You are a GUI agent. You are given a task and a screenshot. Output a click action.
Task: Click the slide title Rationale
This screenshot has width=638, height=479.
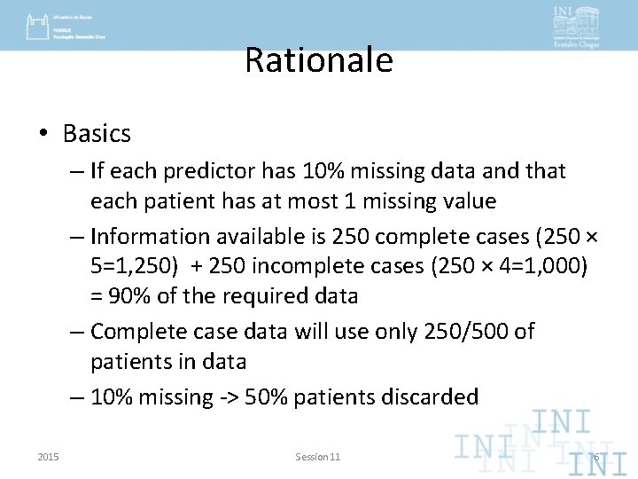pyautogui.click(x=318, y=60)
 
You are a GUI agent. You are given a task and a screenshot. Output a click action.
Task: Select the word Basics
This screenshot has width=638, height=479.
pyautogui.click(x=97, y=134)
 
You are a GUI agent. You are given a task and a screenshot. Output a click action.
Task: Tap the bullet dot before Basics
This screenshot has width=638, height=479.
pyautogui.click(x=43, y=135)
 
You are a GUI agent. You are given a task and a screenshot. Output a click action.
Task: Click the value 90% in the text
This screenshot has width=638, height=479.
pyautogui.click(x=121, y=297)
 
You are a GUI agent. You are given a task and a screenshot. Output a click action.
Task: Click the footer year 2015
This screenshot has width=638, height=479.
pyautogui.click(x=49, y=456)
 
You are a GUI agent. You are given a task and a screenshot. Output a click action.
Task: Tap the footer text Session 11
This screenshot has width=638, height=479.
pyautogui.click(x=317, y=456)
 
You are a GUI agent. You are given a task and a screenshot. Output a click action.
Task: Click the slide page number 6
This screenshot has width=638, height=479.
pyautogui.click(x=596, y=457)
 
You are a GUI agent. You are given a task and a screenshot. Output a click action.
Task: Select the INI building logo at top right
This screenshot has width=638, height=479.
pyautogui.click(x=575, y=24)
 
